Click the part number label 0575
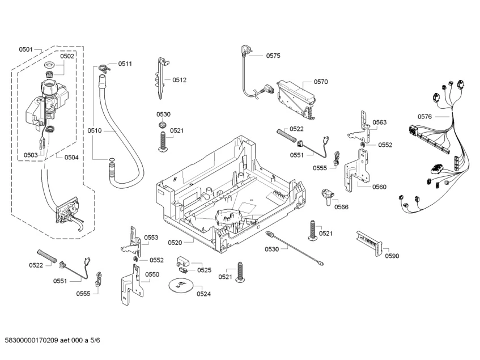coord(273,56)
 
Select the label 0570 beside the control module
coord(321,82)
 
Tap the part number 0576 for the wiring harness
coord(424,117)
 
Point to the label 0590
coord(392,256)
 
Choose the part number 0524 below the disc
coord(203,294)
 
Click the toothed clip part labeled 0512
coord(160,77)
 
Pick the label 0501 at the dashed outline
coord(26,49)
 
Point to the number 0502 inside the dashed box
coord(67,56)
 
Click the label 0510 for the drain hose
coord(94,130)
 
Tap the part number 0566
coord(341,207)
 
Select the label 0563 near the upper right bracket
coord(379,122)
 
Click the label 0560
coord(379,187)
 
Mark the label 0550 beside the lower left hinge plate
coord(152,274)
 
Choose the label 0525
coord(204,270)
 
